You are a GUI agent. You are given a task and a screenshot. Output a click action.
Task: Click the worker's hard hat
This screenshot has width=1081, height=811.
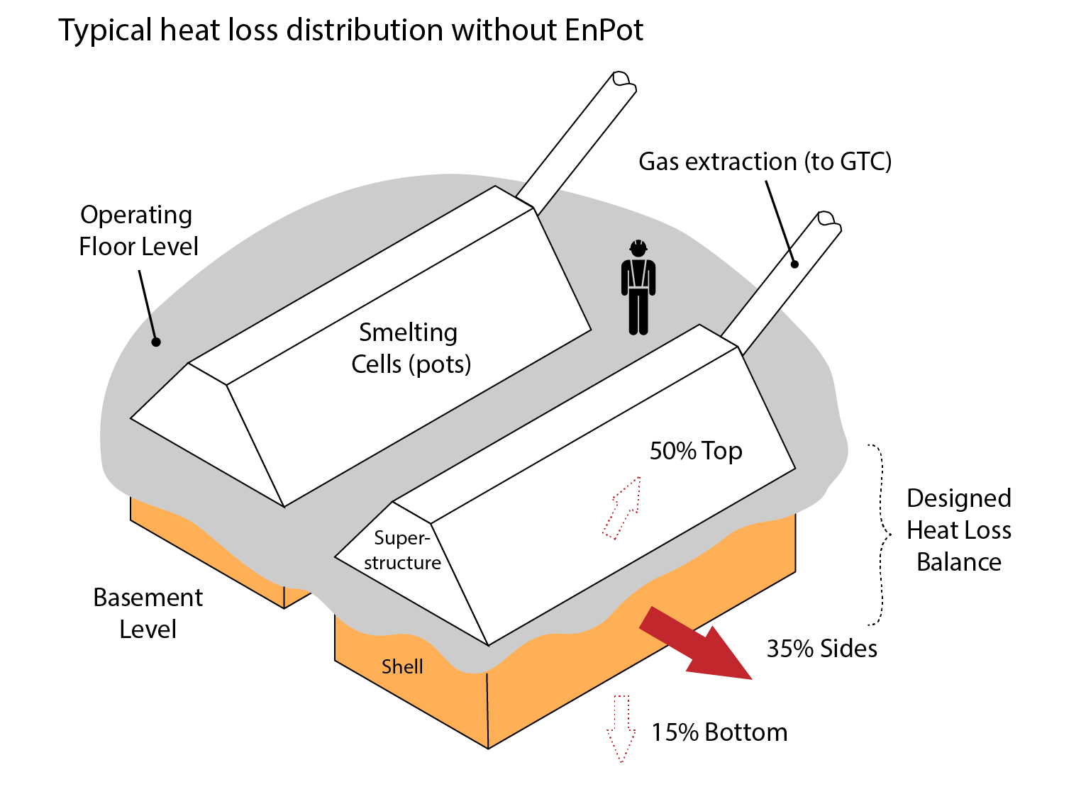638,247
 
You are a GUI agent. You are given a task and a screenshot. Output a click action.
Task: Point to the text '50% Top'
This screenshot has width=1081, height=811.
696,451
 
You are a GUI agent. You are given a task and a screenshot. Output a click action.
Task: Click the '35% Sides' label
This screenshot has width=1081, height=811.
821,649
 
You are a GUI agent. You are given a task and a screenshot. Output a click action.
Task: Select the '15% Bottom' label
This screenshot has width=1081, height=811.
719,732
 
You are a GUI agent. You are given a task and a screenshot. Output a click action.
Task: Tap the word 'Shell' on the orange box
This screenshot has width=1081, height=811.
402,666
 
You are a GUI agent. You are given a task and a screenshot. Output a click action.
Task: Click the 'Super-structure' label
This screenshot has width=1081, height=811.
402,550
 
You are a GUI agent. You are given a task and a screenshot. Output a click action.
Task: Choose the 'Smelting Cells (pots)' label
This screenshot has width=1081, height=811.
411,348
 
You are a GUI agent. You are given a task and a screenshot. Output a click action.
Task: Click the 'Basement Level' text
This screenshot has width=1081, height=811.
148,613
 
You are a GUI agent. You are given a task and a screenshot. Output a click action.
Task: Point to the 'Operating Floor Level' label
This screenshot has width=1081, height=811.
138,230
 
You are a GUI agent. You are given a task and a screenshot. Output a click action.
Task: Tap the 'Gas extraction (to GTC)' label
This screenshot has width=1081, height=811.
765,162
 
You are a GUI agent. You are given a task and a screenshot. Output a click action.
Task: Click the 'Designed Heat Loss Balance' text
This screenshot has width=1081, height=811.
958,530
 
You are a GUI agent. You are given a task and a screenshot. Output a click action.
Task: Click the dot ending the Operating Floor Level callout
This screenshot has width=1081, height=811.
157,342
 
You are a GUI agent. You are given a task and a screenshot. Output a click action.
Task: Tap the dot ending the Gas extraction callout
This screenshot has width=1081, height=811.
795,264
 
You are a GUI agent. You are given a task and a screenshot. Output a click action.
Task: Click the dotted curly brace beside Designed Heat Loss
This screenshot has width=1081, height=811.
882,535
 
